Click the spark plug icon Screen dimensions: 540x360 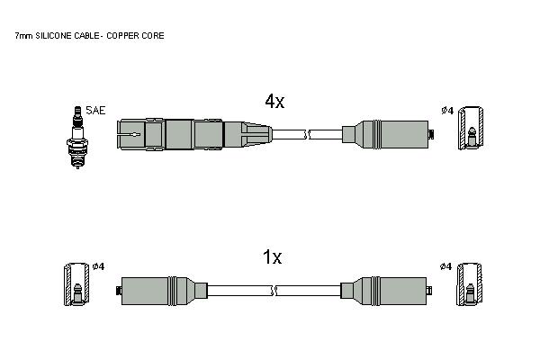tap(77, 137)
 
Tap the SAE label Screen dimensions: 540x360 tap(95, 110)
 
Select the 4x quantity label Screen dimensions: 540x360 tap(274, 101)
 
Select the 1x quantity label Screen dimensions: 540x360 tap(273, 257)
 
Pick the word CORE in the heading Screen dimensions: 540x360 tap(154, 35)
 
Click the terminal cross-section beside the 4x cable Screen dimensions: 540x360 tap(471, 128)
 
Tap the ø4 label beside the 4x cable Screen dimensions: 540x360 tap(447, 111)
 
